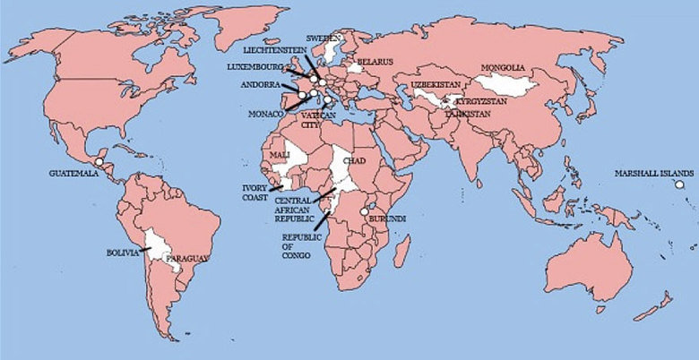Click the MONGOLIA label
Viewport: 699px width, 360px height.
(x=503, y=68)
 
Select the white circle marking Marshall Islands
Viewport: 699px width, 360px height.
(x=679, y=184)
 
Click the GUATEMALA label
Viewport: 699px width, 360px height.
(x=73, y=173)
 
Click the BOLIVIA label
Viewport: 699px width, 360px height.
(x=122, y=253)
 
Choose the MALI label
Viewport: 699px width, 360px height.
(x=280, y=156)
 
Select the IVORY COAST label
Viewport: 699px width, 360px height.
(x=255, y=193)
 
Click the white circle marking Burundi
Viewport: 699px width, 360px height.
(x=363, y=212)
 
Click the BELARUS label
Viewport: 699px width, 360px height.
(x=375, y=62)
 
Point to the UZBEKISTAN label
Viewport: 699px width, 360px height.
(x=436, y=84)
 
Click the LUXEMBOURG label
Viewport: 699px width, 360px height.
(x=255, y=67)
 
